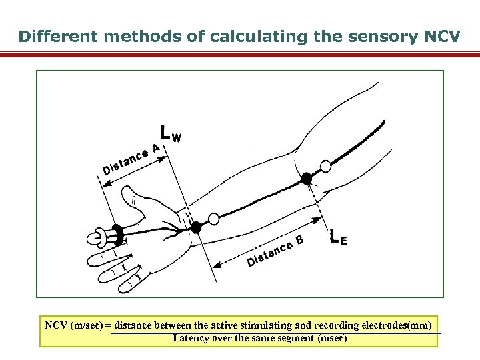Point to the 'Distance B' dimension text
pyautogui.click(x=275, y=251)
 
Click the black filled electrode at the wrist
pyautogui.click(x=195, y=227)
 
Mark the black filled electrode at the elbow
pyautogui.click(x=306, y=178)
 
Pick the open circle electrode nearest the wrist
pyautogui.click(x=213, y=219)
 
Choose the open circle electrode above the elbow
pyautogui.click(x=325, y=165)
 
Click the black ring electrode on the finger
pyautogui.click(x=117, y=233)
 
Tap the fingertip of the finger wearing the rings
pyautogui.click(x=93, y=237)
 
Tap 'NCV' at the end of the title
pyautogui.click(x=441, y=37)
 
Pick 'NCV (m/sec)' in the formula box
pyautogui.click(x=73, y=325)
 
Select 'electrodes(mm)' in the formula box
pyautogui.click(x=399, y=325)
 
